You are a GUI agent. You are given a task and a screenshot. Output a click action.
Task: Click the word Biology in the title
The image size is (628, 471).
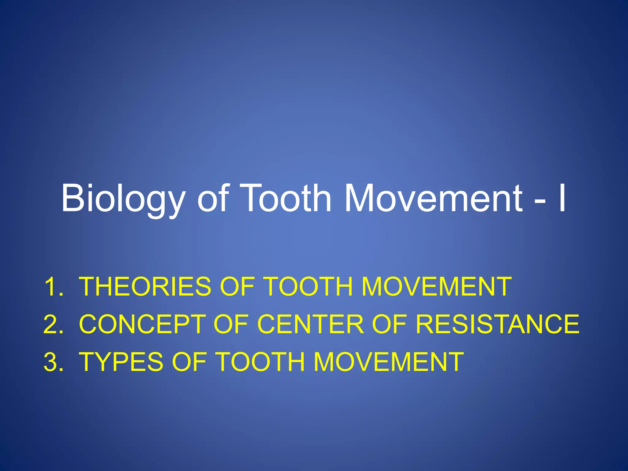tap(123, 198)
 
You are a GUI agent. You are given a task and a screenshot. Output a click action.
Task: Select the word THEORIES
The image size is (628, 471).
tap(145, 287)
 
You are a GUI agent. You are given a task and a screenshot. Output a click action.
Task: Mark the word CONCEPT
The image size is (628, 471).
tap(142, 324)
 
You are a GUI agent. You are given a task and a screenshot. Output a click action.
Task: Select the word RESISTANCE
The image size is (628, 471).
tap(497, 324)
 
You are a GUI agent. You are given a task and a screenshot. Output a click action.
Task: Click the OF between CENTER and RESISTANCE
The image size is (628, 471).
tap(389, 324)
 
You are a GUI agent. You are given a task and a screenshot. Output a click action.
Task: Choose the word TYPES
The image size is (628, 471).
tap(121, 362)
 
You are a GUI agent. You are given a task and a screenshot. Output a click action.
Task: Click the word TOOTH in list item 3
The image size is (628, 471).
tap(261, 362)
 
